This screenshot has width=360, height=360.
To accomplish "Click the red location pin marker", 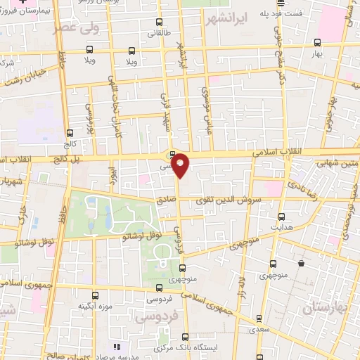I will pos(181,165).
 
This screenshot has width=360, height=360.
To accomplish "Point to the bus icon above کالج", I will pos(69,133).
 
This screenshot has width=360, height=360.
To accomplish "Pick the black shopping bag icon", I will pos(301,264).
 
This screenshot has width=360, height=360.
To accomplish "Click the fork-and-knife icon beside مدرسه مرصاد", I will pos(117,347).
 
